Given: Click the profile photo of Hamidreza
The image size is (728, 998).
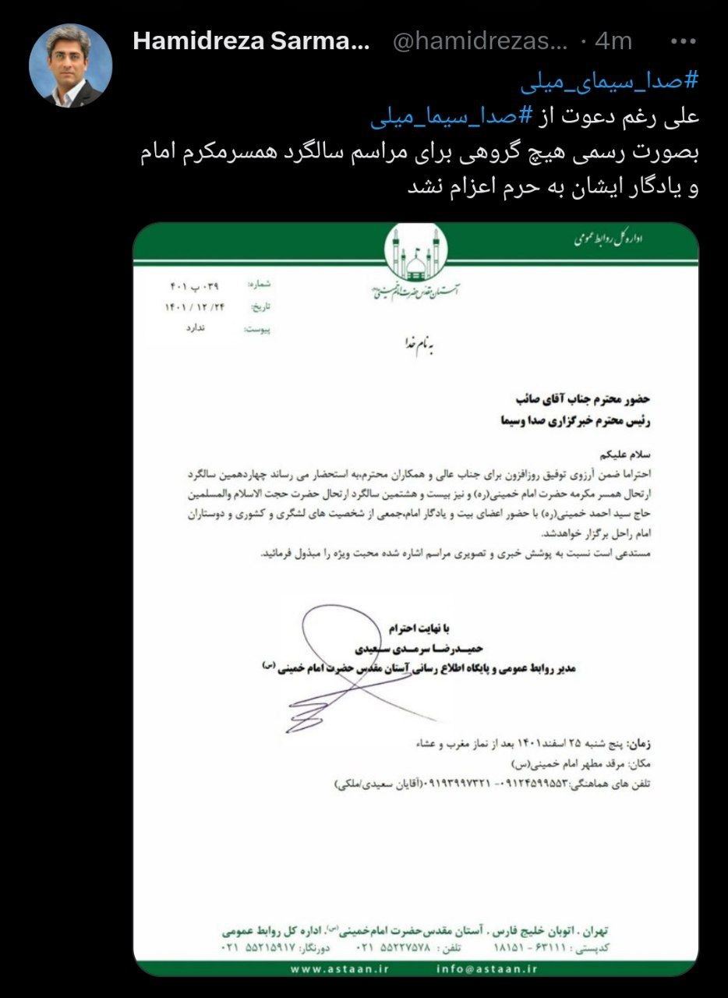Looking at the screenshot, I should (71, 65).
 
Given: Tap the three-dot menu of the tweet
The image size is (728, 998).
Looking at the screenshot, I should (683, 41).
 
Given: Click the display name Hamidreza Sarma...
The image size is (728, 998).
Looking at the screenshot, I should (251, 41).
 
